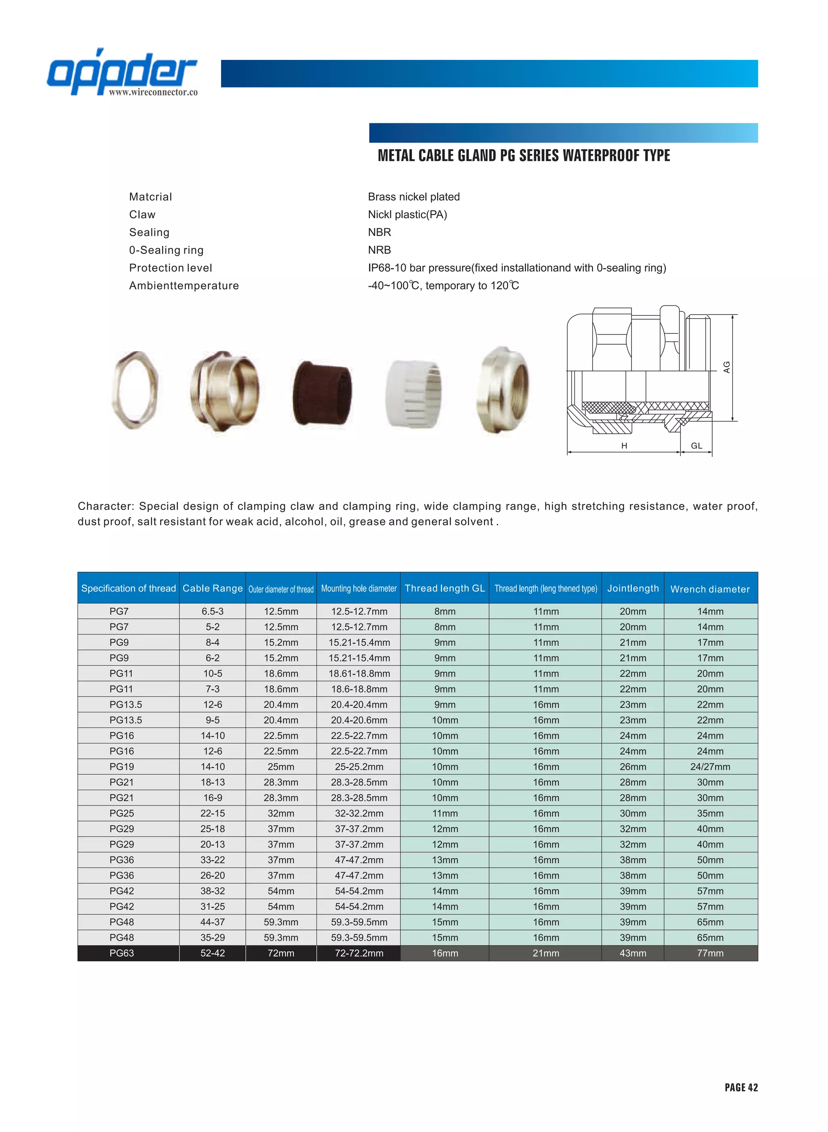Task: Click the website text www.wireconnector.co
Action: pyautogui.click(x=153, y=92)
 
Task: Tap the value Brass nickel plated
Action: pyautogui.click(x=414, y=197)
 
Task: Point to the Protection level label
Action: pyautogui.click(x=171, y=268)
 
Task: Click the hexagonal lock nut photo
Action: pyautogui.click(x=134, y=390)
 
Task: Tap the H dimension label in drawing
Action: pyautogui.click(x=624, y=445)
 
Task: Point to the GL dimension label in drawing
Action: pyautogui.click(x=697, y=445)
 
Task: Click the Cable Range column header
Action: pyautogui.click(x=213, y=588)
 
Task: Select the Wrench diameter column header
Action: pyautogui.click(x=710, y=589)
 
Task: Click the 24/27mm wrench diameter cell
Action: pyautogui.click(x=710, y=766)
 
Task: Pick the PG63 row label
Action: pyautogui.click(x=122, y=953)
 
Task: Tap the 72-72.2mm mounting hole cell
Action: pyautogui.click(x=359, y=953)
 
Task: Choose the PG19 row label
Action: pyautogui.click(x=122, y=766)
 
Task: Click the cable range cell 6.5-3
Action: pyautogui.click(x=213, y=611)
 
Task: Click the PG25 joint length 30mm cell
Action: pyautogui.click(x=633, y=813)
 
